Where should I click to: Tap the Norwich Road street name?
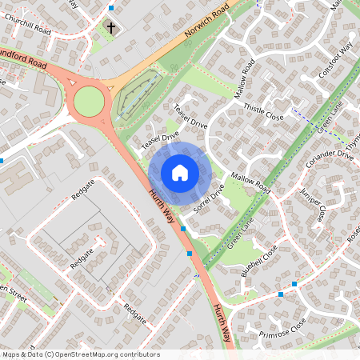[x=206, y=23]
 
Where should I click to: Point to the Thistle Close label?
[x=264, y=112]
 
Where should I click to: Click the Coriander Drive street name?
[x=329, y=158]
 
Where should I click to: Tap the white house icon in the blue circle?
[x=180, y=172]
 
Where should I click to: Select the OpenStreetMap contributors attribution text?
[x=80, y=354]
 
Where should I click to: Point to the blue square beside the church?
[x=111, y=7]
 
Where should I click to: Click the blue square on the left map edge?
[x=2, y=160]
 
